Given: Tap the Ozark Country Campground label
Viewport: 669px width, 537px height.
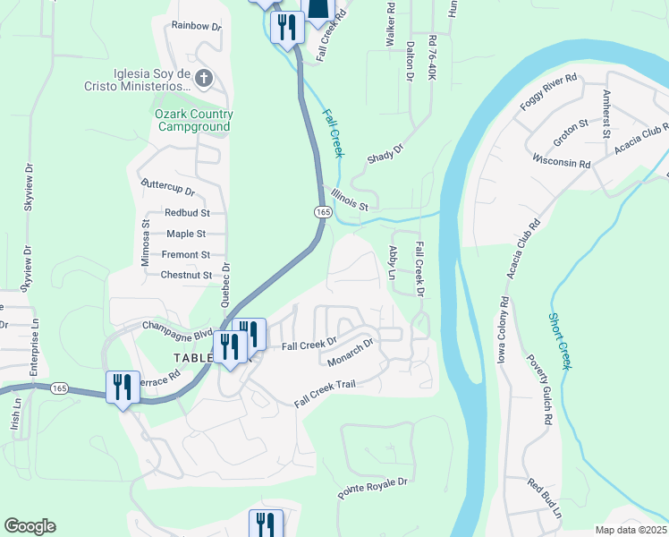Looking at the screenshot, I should coord(194,120).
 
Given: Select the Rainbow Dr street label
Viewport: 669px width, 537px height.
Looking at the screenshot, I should coord(196,27).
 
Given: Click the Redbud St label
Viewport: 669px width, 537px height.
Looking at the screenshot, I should coord(187,213).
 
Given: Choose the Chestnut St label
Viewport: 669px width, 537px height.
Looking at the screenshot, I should coord(186,276).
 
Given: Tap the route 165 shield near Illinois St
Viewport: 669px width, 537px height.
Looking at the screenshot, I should coord(323,211).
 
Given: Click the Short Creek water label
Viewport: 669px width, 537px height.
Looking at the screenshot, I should coord(559,341).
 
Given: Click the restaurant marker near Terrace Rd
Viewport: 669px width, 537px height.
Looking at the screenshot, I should coord(119,388).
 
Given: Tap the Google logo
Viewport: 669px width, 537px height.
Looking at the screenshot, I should coord(30,526).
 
